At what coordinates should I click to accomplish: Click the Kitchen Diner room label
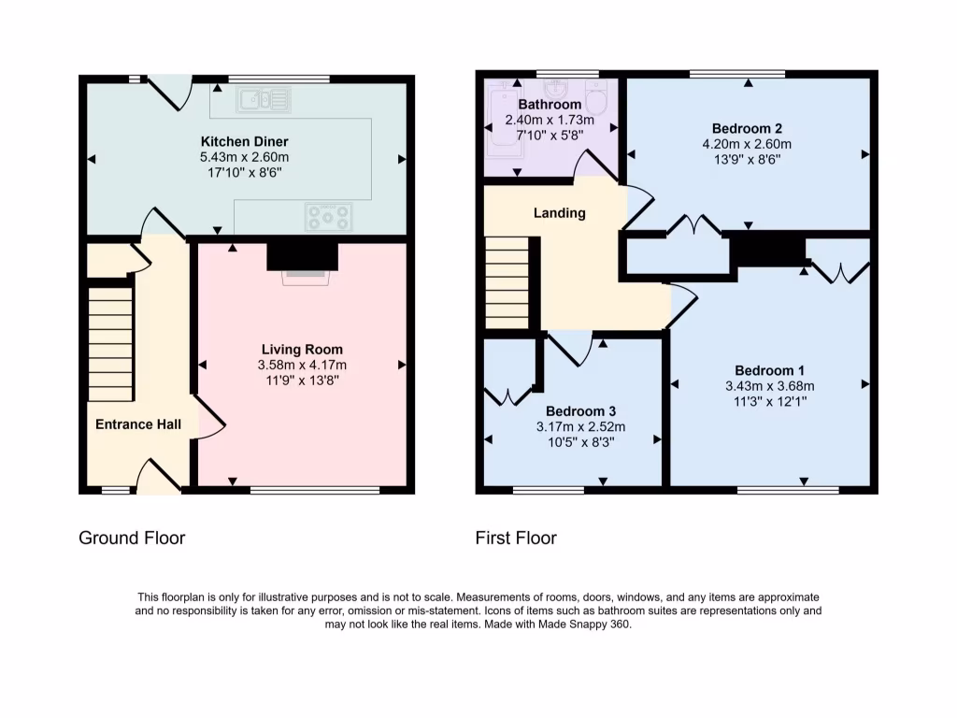(245, 141)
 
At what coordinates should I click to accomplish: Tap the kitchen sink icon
(264, 99)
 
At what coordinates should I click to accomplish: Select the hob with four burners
(329, 217)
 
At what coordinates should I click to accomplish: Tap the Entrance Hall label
(138, 424)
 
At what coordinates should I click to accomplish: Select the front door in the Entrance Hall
(158, 477)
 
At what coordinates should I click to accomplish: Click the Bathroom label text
(550, 105)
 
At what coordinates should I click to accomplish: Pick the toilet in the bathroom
(596, 99)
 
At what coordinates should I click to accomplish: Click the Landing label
(559, 213)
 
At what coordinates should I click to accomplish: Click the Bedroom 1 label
(769, 370)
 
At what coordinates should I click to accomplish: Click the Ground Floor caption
(132, 538)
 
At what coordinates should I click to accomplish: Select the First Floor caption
(516, 538)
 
